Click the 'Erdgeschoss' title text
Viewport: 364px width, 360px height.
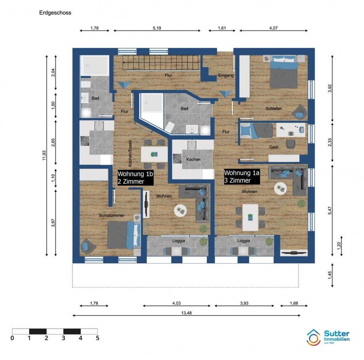pos(55,13)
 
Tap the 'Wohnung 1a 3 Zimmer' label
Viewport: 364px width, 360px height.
pos(242,176)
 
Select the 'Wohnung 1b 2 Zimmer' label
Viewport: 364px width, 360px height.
pos(136,177)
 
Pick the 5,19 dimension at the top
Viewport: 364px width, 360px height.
pos(156,28)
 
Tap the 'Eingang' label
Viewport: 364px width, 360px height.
pos(226,75)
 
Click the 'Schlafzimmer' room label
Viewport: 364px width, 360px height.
pos(112,215)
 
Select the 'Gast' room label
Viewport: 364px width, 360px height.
pos(274,147)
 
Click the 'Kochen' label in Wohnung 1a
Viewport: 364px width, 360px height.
pos(193,160)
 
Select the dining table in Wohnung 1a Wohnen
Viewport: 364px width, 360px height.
pos(250,217)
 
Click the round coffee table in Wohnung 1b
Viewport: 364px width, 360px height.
pos(180,210)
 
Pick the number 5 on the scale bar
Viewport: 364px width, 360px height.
pos(97,338)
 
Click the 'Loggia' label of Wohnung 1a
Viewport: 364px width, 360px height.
pos(244,240)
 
